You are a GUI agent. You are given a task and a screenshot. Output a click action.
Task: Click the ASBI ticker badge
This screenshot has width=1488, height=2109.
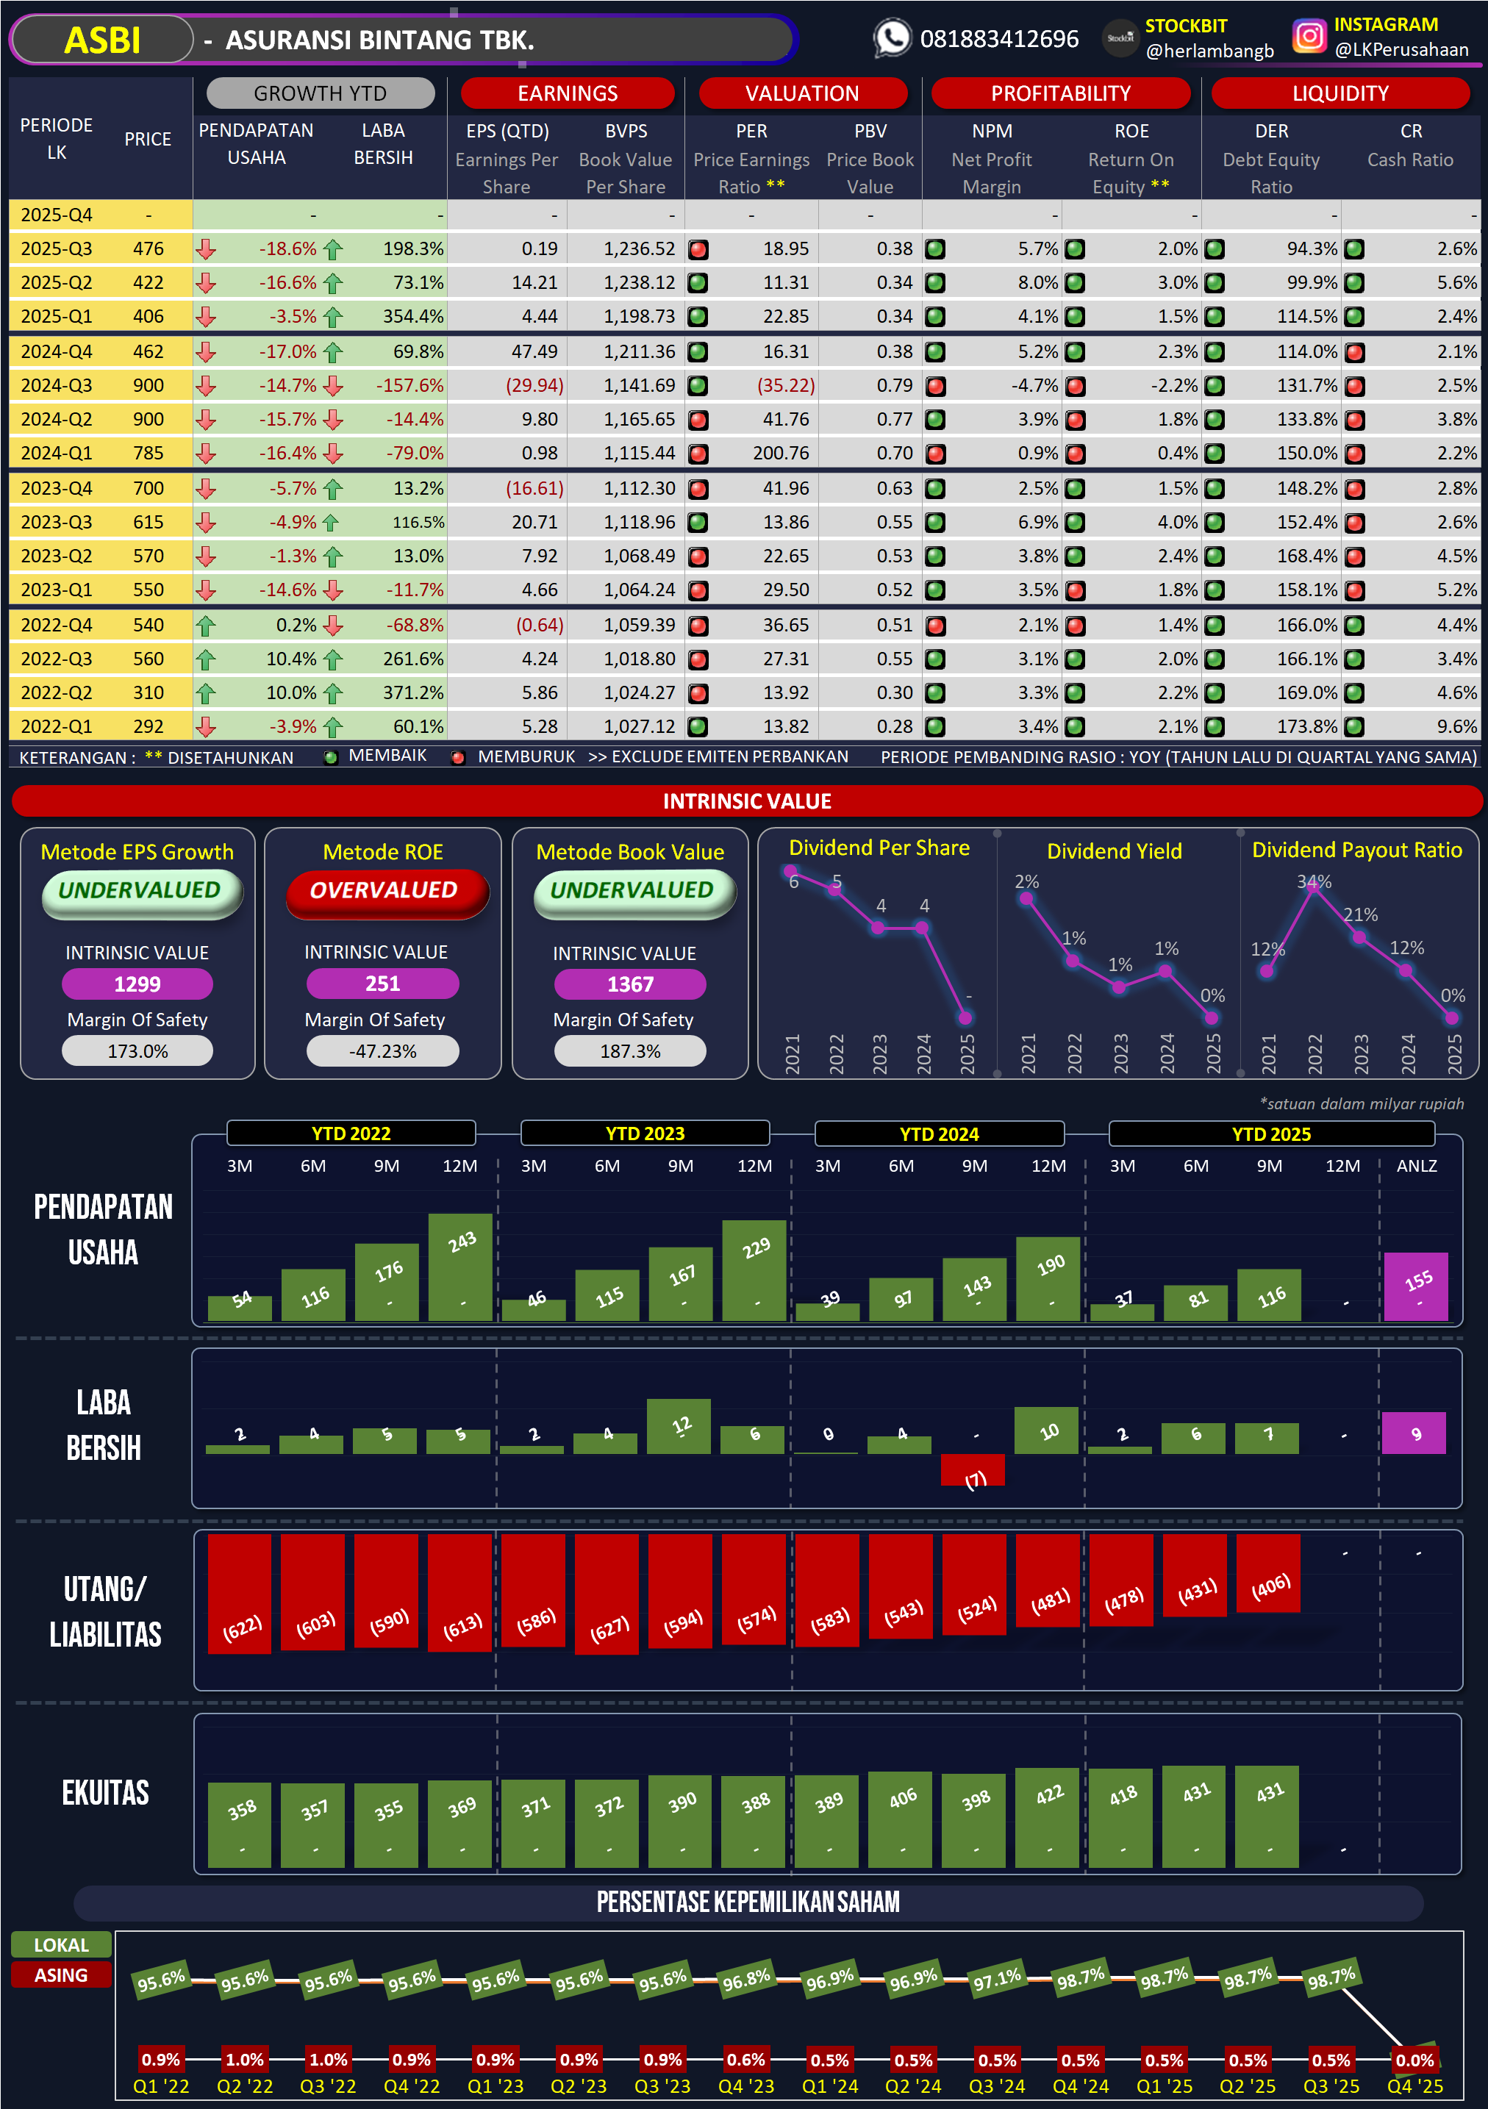pos(102,40)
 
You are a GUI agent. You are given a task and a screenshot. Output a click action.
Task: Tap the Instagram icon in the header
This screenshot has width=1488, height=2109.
pos(1309,36)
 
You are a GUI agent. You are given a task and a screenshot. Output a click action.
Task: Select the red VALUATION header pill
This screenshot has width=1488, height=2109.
pos(802,93)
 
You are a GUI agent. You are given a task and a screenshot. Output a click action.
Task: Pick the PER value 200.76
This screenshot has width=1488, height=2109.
pos(781,453)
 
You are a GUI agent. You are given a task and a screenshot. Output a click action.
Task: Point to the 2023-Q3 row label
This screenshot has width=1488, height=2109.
pos(56,522)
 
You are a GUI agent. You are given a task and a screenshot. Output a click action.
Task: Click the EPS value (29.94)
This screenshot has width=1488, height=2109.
pos(534,385)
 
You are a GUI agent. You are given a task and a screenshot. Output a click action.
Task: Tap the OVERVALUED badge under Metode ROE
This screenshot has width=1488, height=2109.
pos(383,890)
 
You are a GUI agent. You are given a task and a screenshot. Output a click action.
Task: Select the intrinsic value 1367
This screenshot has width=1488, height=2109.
pos(630,984)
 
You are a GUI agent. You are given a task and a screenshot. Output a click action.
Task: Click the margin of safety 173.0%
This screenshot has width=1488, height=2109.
pos(137,1051)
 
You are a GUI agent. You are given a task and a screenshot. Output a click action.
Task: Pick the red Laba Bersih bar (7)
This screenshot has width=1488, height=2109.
pos(973,1469)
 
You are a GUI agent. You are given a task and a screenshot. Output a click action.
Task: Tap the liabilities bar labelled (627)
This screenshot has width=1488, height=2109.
pos(607,1594)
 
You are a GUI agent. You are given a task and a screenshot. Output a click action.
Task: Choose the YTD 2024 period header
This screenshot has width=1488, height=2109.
pos(939,1134)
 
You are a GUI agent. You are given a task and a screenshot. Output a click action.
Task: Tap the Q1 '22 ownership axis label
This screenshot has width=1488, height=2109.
pos(161,2086)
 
